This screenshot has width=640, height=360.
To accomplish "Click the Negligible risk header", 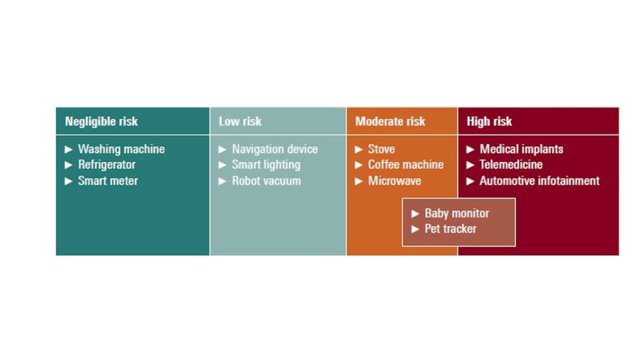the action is [x=101, y=122].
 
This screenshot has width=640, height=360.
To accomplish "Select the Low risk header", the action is [x=240, y=122].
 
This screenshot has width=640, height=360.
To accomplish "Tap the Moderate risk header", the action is [x=390, y=122].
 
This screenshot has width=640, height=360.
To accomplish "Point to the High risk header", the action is [x=489, y=122].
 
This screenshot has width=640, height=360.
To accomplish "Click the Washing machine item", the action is [x=121, y=149].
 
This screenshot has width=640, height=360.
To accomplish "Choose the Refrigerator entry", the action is [x=106, y=165].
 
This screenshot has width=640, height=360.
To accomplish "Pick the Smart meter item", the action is [x=107, y=181].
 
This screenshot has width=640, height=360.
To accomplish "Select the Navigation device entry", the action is [x=275, y=149].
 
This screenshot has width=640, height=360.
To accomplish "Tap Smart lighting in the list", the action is [x=266, y=165].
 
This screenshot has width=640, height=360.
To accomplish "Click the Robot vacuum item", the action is [x=266, y=181].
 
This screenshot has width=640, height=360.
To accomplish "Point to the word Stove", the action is [x=381, y=149].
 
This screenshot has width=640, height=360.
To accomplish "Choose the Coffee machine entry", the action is [x=406, y=165].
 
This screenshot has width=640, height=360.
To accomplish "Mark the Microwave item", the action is [x=394, y=181].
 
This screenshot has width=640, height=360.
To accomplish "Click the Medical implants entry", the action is [x=521, y=149].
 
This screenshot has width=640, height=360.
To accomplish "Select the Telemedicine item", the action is [x=511, y=165].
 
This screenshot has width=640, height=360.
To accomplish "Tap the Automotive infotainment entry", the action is [x=539, y=181].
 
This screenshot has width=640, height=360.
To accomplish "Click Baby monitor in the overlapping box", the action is [x=457, y=214].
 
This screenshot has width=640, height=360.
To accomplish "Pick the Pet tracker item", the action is [x=450, y=229].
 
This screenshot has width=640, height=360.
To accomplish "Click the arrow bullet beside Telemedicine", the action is [x=470, y=165].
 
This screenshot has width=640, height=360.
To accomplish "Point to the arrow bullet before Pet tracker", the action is [x=415, y=229].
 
